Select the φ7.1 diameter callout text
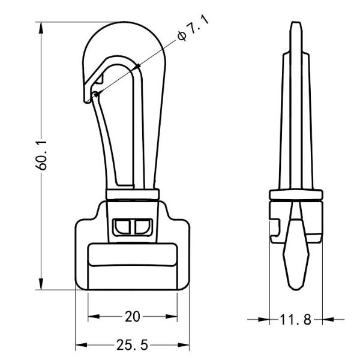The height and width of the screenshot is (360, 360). tap(191, 28)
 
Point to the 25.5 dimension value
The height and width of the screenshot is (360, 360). tap(133, 346)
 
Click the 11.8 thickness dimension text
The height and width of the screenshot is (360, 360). tap(296, 320)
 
